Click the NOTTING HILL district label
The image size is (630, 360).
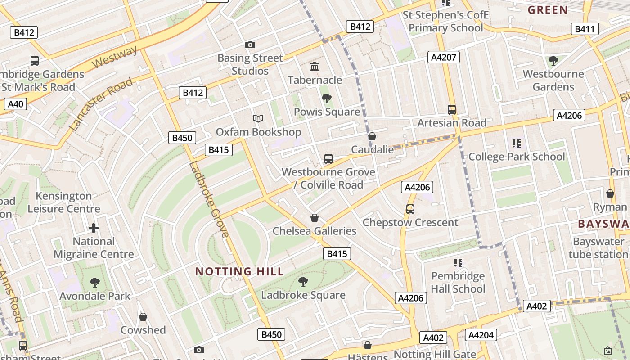[239, 271]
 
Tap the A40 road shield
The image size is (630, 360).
[15, 104]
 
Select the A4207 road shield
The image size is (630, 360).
[443, 57]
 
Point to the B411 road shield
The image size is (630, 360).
[585, 29]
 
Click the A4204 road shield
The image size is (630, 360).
[481, 335]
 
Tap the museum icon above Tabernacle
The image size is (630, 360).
[315, 67]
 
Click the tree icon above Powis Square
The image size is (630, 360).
[327, 99]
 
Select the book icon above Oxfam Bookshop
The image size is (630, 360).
[258, 118]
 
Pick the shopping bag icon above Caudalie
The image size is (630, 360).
[372, 136]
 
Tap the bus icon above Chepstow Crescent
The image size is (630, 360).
[410, 209]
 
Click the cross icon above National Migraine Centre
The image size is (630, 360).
[94, 228]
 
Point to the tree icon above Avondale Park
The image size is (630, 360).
[94, 283]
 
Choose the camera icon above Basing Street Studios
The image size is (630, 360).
[250, 45]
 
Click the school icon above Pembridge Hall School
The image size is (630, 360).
[458, 262]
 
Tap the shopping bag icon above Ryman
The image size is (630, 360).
[610, 193]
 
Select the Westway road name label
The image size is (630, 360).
[114, 57]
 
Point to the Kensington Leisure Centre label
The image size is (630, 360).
[64, 202]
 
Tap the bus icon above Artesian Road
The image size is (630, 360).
[452, 109]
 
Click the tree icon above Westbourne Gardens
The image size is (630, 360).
[553, 60]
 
